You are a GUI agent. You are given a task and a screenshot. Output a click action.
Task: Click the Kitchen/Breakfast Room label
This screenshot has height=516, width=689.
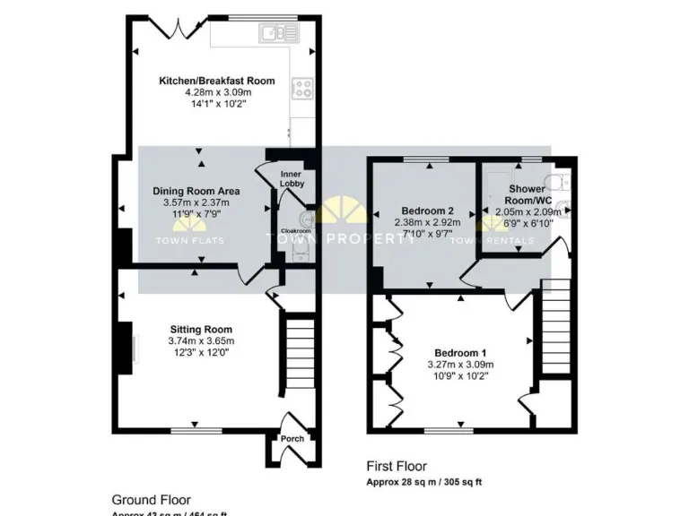click(216, 81)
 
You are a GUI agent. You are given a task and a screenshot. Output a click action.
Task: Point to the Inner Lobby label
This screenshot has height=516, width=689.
click(292, 178)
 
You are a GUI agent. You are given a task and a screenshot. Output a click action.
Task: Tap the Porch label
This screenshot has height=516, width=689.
click(292, 438)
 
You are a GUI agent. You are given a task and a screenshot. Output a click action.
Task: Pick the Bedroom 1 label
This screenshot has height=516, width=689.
click(460, 352)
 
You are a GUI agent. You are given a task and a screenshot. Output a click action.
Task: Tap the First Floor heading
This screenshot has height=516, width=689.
click(397, 467)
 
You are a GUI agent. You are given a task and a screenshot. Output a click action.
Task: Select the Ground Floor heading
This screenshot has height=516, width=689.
click(151, 500)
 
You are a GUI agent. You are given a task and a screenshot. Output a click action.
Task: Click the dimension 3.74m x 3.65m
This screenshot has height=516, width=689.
click(200, 341)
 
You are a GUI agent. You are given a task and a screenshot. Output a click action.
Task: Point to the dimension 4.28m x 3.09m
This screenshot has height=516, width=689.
click(217, 92)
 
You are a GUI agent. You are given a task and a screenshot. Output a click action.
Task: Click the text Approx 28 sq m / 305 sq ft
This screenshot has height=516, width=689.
click(424, 482)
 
